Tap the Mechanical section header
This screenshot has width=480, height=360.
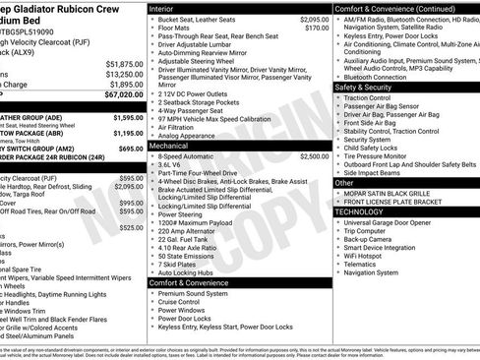[x=169, y=145]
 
